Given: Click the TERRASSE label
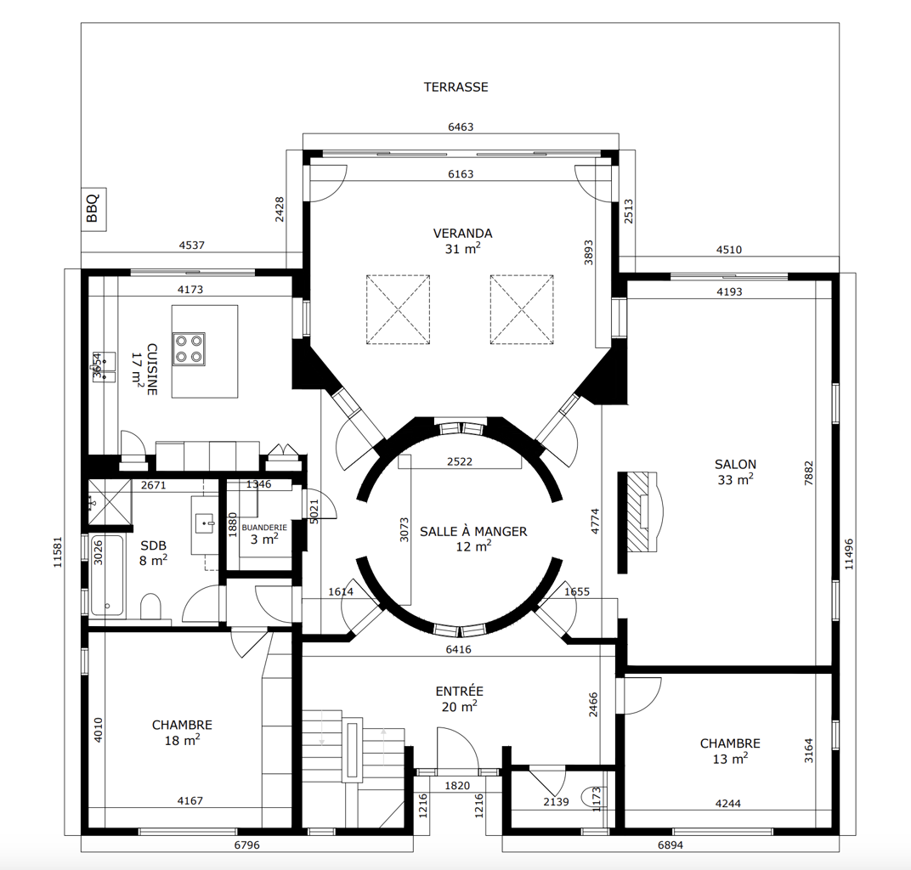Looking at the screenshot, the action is [x=455, y=88].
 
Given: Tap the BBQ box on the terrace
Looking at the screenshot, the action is [x=93, y=209].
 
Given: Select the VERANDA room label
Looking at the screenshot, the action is [x=462, y=234].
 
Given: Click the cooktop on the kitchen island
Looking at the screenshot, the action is [x=190, y=348].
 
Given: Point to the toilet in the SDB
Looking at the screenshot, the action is [x=150, y=607].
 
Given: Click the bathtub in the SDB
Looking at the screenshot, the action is [x=107, y=575].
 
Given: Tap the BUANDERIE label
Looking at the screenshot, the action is [x=264, y=528].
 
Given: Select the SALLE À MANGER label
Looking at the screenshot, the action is [x=473, y=531].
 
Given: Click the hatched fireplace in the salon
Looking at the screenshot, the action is [x=640, y=511].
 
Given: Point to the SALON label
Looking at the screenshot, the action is [x=736, y=465].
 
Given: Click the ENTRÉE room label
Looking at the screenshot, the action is [x=460, y=691].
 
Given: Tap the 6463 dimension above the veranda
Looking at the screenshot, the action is [x=461, y=127].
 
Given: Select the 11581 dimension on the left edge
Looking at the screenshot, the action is [x=58, y=551].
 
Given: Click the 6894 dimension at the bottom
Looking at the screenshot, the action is [x=670, y=845].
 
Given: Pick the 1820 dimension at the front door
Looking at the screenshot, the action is [x=457, y=786].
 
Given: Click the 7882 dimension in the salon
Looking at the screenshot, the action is [x=809, y=473].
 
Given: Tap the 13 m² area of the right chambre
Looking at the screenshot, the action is [x=730, y=759].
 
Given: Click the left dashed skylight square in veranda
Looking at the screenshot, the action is [x=398, y=309].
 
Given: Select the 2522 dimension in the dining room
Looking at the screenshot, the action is [x=460, y=461].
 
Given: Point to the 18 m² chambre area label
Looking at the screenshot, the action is [x=183, y=740].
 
